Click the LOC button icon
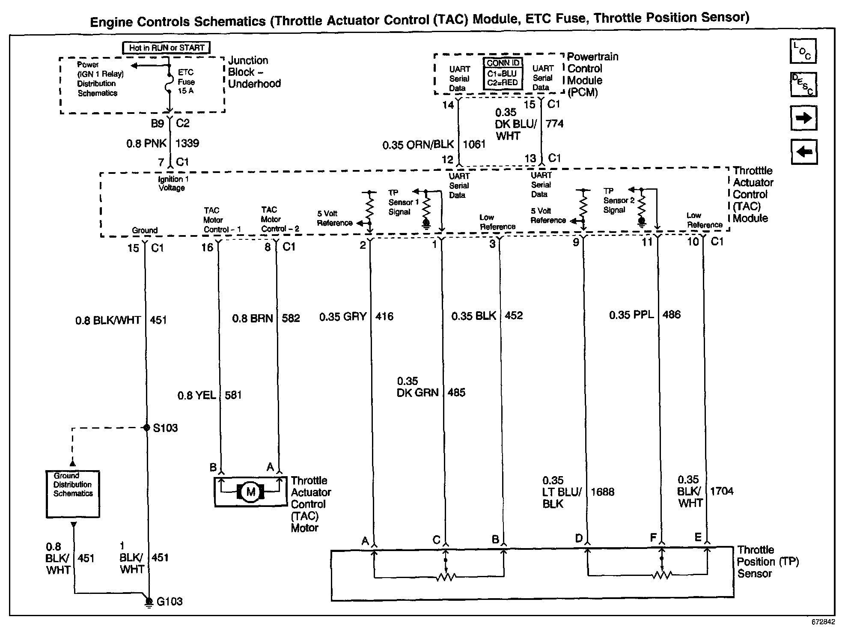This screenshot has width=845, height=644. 803,51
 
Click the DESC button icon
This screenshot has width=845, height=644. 803,84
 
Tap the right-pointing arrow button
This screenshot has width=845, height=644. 803,118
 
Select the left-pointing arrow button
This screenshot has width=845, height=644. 804,152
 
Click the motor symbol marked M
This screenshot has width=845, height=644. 250,492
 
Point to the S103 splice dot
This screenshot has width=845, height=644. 147,427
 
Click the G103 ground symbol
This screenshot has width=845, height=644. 149,602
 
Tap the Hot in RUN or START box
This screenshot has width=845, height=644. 167,48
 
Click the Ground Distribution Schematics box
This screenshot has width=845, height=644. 73,494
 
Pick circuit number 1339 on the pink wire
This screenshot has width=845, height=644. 187,143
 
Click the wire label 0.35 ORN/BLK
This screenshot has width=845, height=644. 418,145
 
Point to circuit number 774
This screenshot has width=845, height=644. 555,124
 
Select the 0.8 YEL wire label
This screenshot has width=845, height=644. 196,395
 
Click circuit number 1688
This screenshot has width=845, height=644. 602,492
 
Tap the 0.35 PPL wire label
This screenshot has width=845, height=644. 631,315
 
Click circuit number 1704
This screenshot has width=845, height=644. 722,491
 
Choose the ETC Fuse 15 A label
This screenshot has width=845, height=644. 186,81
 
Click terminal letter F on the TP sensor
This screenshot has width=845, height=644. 653,538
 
